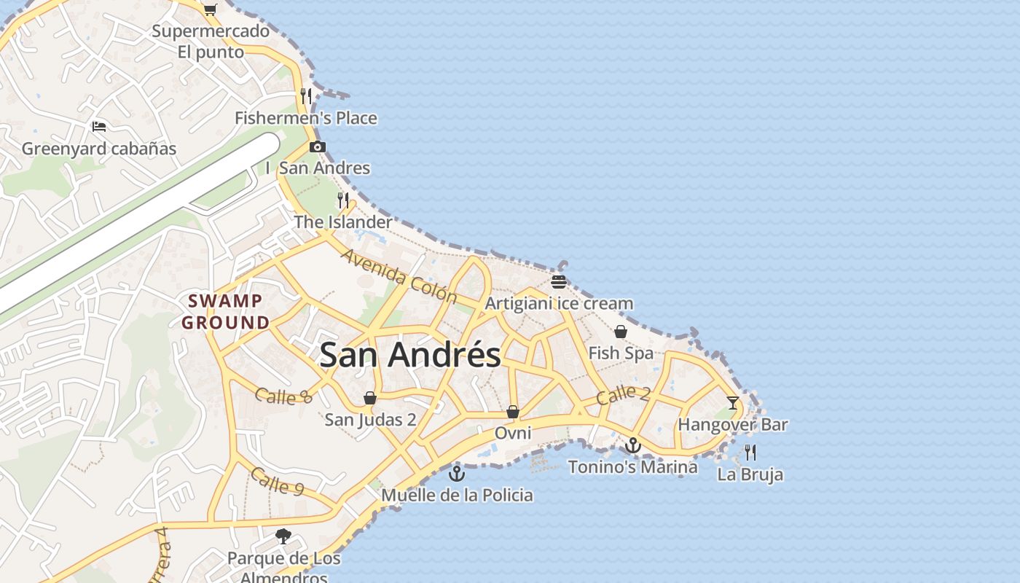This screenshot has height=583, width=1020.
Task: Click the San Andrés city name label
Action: [410, 355]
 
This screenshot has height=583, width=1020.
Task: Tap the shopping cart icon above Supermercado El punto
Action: [210, 9]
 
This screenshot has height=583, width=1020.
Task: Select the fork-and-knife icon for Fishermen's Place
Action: [306, 95]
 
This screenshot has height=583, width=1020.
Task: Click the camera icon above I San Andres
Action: [317, 146]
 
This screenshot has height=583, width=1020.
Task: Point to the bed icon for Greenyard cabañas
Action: [99, 127]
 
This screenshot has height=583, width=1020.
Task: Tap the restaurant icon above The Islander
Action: [343, 200]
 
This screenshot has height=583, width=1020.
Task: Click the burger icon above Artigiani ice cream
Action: [559, 281]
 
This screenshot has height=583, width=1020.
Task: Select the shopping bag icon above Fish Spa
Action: [621, 332]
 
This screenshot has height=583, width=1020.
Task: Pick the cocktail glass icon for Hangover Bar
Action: [733, 403]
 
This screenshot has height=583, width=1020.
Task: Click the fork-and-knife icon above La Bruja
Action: [750, 453]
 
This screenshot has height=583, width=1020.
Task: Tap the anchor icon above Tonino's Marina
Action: [632, 445]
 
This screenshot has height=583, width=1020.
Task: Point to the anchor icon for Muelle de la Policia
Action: [457, 474]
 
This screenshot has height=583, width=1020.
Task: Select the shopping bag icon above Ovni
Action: [513, 412]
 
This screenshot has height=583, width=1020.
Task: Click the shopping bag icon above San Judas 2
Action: [370, 398]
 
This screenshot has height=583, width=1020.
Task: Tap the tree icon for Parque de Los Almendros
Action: [283, 537]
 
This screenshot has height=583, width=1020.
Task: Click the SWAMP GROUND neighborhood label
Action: [225, 311]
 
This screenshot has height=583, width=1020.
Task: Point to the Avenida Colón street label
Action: [399, 276]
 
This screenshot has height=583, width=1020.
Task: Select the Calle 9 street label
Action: [277, 482]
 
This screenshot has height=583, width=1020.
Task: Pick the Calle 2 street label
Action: [623, 394]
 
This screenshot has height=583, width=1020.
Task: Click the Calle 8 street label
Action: [284, 396]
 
